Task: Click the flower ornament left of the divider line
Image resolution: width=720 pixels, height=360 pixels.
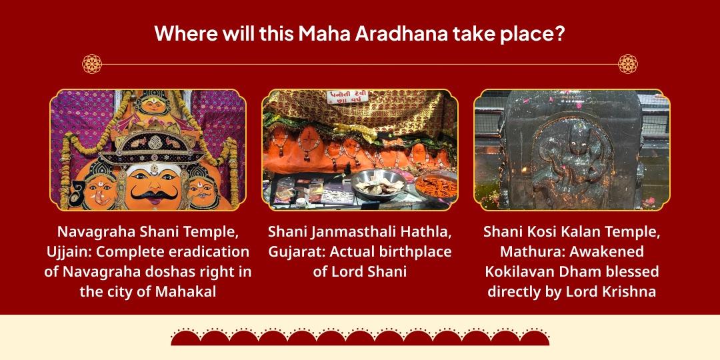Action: (x=91, y=64)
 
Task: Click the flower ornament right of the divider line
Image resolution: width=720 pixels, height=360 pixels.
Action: (x=628, y=64)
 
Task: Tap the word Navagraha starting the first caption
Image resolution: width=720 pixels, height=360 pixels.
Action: (x=93, y=233)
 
